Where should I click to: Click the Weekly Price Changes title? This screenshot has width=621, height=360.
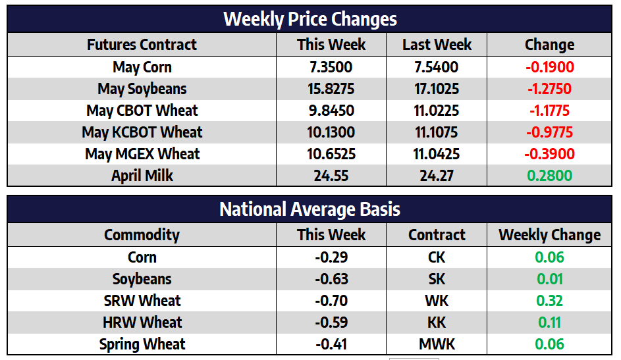[310, 18]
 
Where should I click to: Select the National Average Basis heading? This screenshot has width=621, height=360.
[310, 209]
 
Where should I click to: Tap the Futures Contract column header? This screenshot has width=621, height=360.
[142, 45]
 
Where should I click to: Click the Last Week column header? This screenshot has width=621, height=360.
[437, 45]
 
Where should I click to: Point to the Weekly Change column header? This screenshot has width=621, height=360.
[549, 235]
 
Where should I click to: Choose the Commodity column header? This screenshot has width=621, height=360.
[142, 235]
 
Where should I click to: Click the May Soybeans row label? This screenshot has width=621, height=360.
[142, 89]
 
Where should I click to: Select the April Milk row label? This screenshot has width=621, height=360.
[142, 176]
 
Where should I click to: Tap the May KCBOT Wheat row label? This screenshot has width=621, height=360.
[142, 132]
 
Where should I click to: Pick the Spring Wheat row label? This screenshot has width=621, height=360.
[142, 344]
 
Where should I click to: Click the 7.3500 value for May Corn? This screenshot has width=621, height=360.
[331, 67]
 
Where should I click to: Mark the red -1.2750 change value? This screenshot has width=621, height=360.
[549, 89]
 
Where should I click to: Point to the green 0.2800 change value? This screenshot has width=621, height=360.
[549, 176]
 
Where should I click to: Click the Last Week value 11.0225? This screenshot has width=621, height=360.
[437, 111]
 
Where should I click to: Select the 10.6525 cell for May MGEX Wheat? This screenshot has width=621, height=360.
[331, 154]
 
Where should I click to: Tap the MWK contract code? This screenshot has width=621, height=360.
[437, 344]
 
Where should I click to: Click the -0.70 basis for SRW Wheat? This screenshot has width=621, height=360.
[331, 301]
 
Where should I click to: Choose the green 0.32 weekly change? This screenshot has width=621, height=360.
[549, 301]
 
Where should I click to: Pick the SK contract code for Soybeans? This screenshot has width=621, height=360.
[437, 279]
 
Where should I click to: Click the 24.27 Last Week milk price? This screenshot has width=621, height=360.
[437, 176]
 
